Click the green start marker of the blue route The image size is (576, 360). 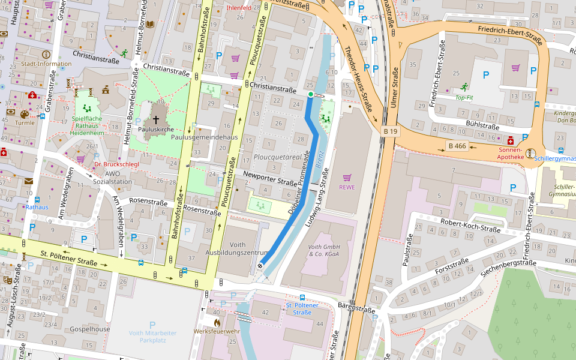coord(310,94)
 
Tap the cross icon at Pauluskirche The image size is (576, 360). coord(156,120)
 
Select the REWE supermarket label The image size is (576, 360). coord(347,186)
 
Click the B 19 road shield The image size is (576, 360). coord(390,131)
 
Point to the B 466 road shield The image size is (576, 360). coord(457,146)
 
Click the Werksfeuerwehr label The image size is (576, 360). coord(216,331)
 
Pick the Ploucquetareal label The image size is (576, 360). coord(277,157)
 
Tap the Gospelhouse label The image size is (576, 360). coord(90,329)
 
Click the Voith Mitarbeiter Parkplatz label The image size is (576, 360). coord(152,336)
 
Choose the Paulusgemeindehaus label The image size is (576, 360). coord(204,137)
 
